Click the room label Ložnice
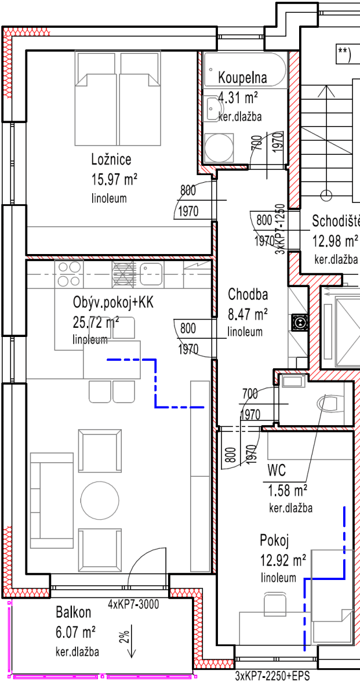(x=111, y=159)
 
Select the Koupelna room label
(x=242, y=78)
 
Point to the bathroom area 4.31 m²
(x=238, y=97)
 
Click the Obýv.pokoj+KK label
(x=113, y=302)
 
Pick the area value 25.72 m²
(x=96, y=321)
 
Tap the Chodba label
(x=248, y=293)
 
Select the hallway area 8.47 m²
(x=248, y=314)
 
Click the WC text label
(x=277, y=469)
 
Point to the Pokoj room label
(x=274, y=541)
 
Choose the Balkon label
(x=73, y=612)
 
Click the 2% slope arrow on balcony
(x=132, y=641)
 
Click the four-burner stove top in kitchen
(x=69, y=274)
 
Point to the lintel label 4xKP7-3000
(x=133, y=603)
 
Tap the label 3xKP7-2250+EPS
(x=271, y=676)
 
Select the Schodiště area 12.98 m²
(x=335, y=240)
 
